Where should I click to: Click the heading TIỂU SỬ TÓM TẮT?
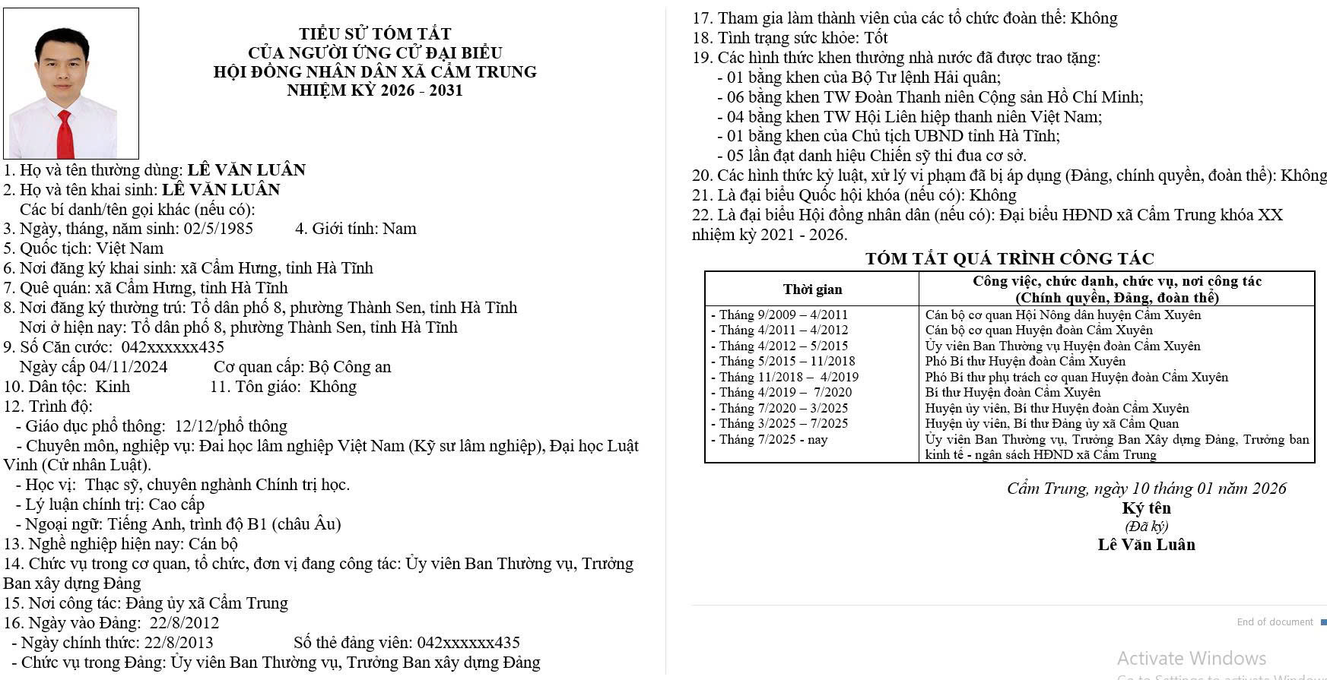[x=375, y=33]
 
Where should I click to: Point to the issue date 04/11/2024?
[x=129, y=367]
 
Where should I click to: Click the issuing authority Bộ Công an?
[x=350, y=367]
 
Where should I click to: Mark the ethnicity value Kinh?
[x=113, y=387]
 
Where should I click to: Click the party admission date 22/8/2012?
[x=184, y=623]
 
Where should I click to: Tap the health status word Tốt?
[x=876, y=38]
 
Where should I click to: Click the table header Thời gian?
[x=812, y=289]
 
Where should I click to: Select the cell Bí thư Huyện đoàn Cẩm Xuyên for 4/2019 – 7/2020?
[x=1013, y=393]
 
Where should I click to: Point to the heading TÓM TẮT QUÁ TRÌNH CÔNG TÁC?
[x=1009, y=258]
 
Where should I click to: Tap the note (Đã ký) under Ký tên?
[x=1146, y=527]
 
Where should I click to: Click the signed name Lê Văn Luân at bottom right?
[x=1146, y=545]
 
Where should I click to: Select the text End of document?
[x=1275, y=622]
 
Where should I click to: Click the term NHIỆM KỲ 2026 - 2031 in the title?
[x=375, y=90]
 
